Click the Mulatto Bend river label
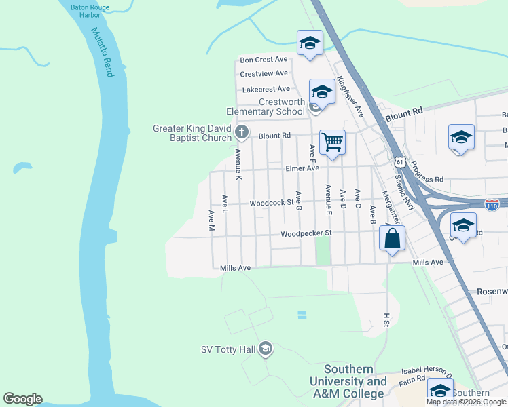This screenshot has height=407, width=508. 101,52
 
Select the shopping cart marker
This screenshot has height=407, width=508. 332,143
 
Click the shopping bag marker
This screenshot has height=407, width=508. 393,239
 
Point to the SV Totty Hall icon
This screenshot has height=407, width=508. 265,349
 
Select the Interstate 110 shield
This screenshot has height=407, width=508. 493,203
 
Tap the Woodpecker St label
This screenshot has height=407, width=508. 306,233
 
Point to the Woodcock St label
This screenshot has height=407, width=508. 271,202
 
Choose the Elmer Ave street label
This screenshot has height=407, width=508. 302,168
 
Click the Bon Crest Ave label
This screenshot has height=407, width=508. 264,60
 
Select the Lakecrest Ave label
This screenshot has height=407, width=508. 266,89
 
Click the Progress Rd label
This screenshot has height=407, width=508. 427,172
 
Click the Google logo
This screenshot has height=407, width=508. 22,399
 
